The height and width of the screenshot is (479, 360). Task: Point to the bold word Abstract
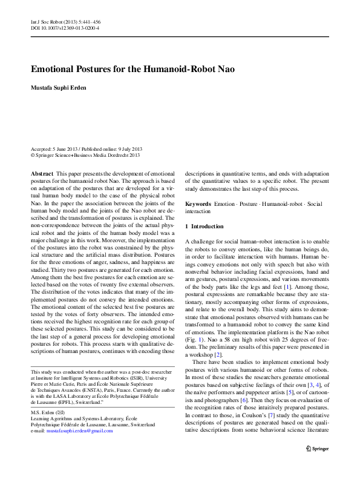tap(41, 173)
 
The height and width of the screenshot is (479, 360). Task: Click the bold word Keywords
tap(198, 204)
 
